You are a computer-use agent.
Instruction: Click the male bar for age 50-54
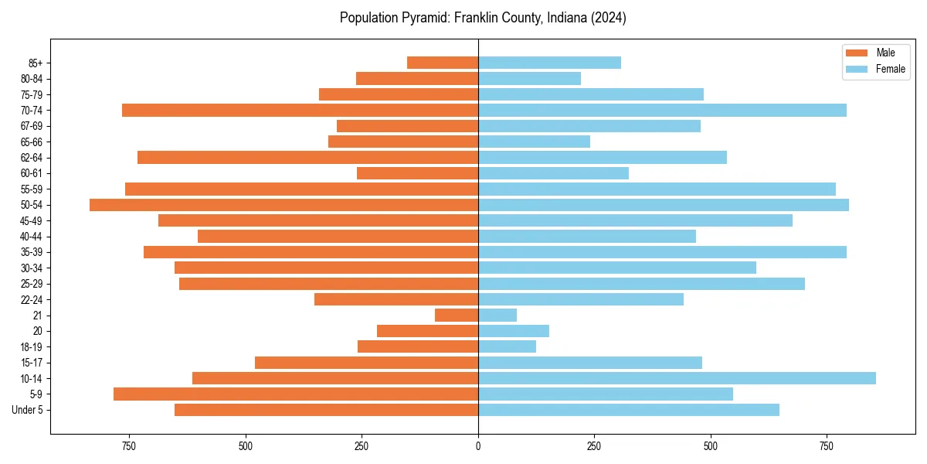pos(284,205)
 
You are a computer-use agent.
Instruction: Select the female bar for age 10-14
pos(677,378)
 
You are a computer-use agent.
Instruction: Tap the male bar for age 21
pos(457,316)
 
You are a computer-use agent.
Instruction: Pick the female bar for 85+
pos(549,63)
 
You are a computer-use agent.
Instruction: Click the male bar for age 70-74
pos(300,111)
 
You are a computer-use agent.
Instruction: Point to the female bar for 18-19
pos(507,346)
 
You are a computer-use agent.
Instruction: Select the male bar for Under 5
pos(326,410)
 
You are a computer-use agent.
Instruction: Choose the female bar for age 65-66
pos(534,142)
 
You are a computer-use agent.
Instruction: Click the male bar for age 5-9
pos(296,394)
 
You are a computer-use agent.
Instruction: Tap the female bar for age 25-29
pos(641,284)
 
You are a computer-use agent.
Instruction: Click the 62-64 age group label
pos(32,158)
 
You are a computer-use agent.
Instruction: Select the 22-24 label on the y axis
pos(32,300)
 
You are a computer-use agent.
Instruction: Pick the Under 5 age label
pos(28,410)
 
